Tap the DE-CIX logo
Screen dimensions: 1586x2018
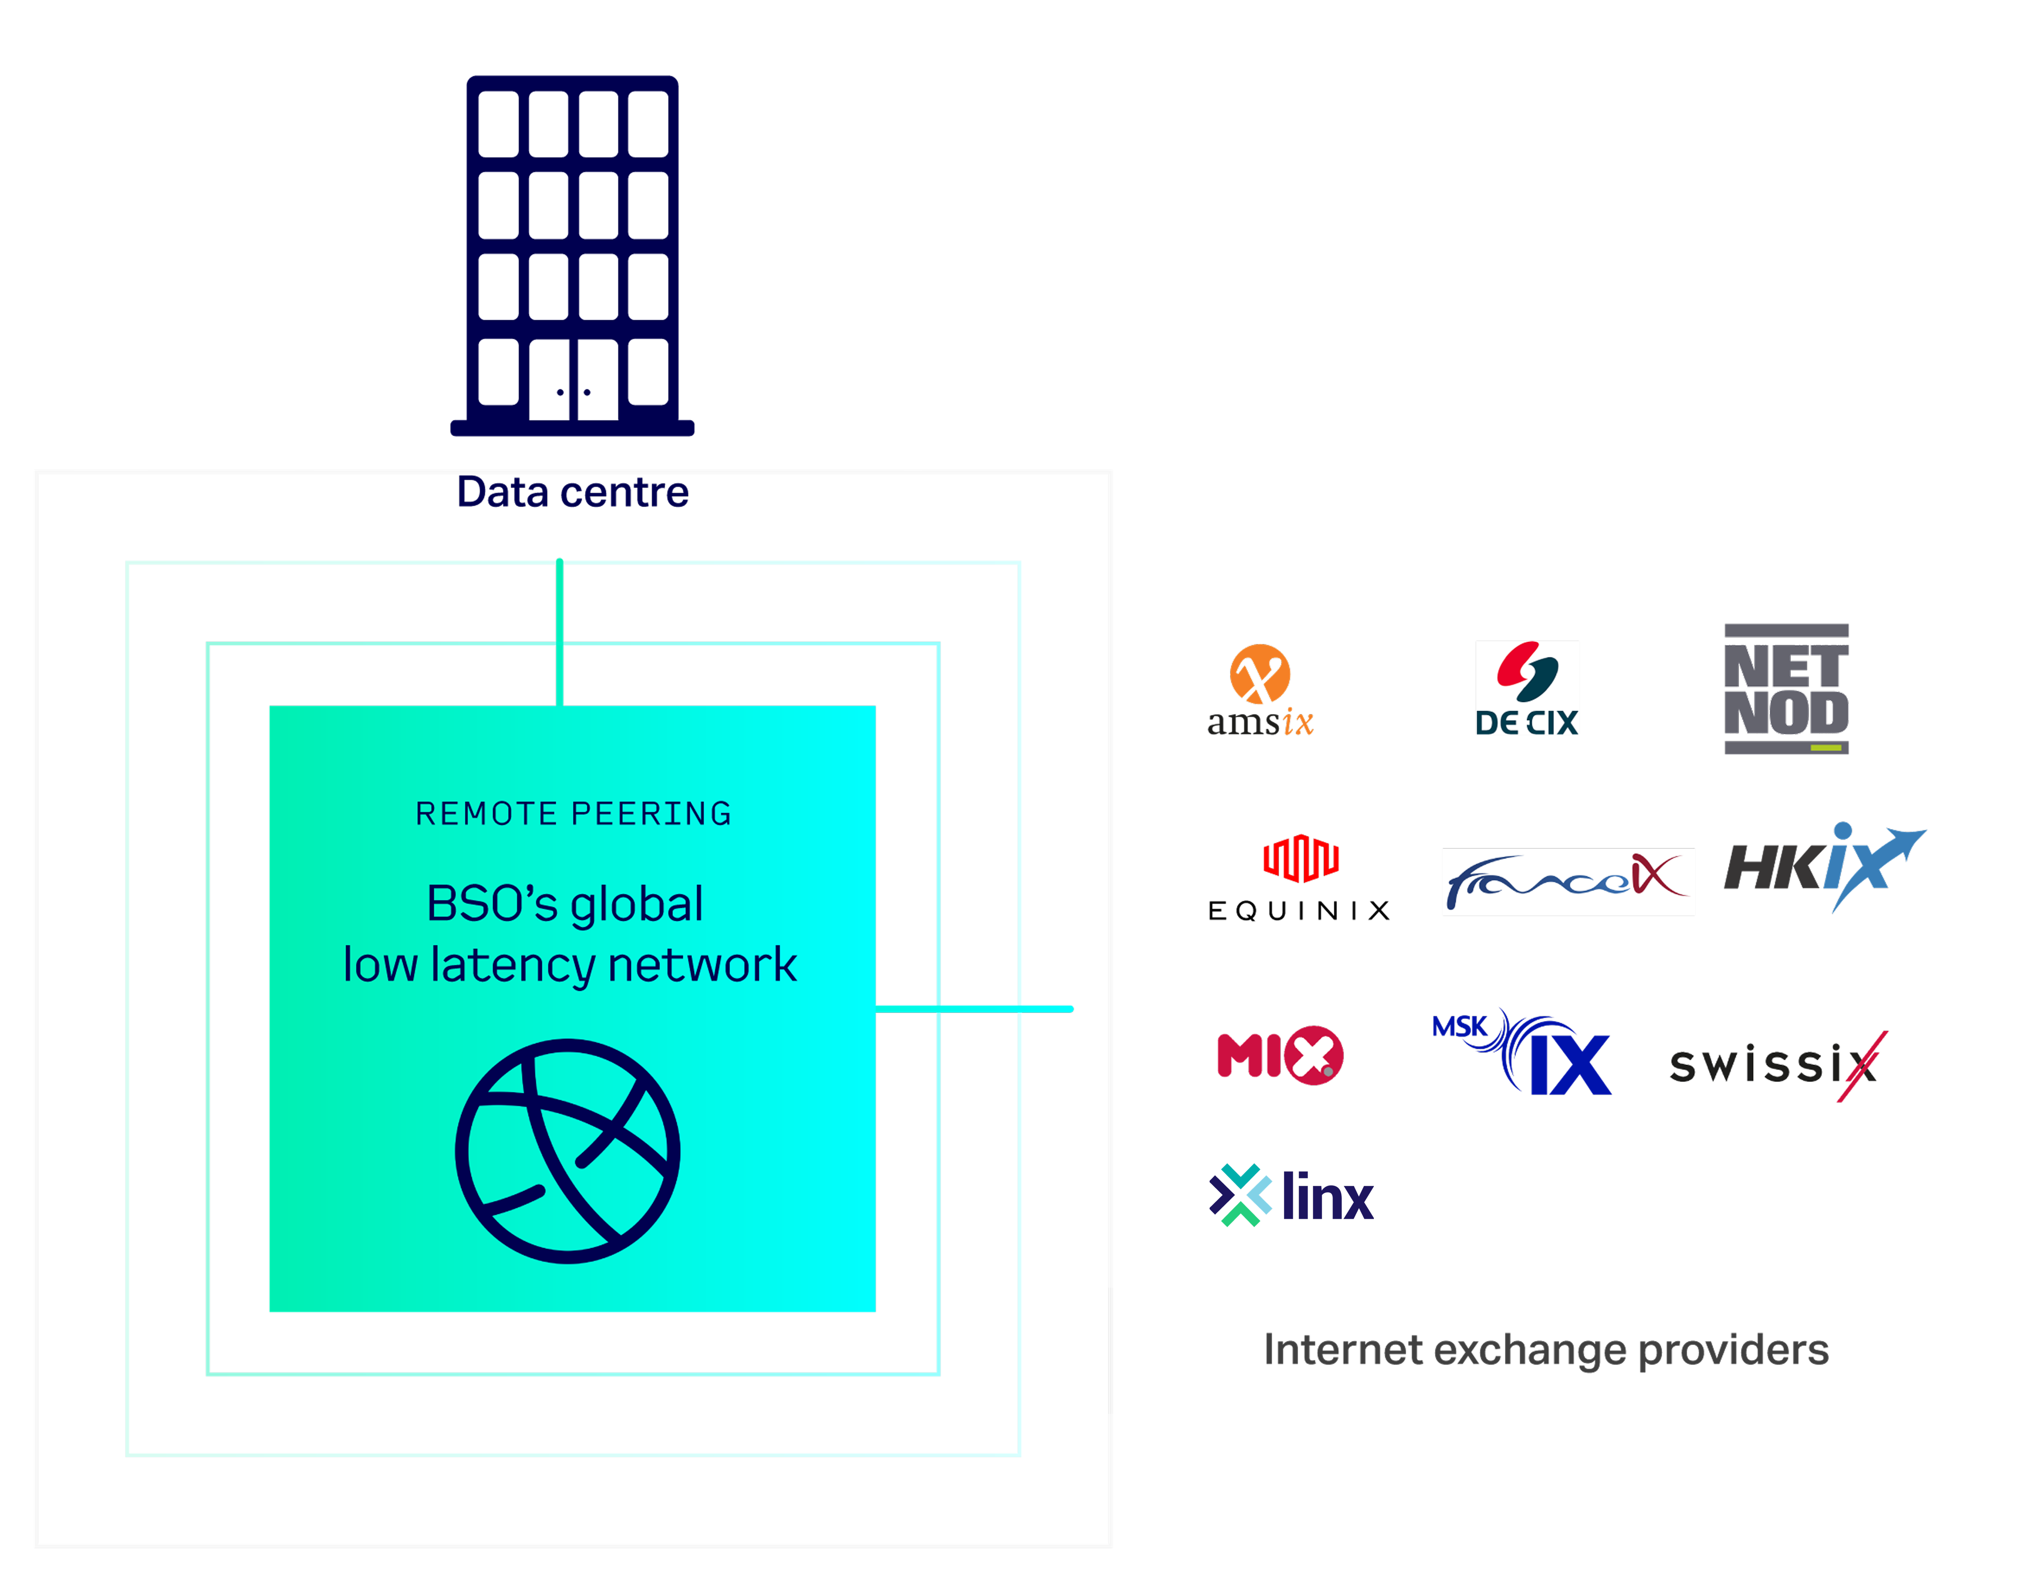click(x=1527, y=688)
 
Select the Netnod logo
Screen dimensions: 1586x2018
click(x=1786, y=689)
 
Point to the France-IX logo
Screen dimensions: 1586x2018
click(x=1568, y=881)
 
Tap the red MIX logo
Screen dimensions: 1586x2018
click(x=1279, y=1055)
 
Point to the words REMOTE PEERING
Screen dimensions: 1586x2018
click(x=573, y=813)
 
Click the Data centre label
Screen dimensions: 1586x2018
click(x=573, y=492)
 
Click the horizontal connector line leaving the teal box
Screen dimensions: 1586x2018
click(x=975, y=1007)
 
